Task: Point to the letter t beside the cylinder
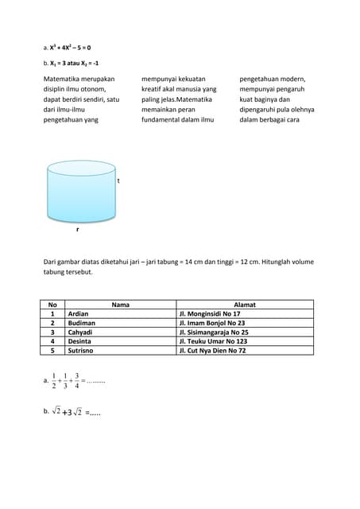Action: (x=118, y=181)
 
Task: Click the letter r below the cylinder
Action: (x=77, y=229)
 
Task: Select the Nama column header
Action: (x=120, y=304)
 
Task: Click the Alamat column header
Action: (x=244, y=304)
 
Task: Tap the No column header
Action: (x=52, y=304)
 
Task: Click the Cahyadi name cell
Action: (x=80, y=332)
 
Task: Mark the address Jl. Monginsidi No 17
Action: (x=210, y=314)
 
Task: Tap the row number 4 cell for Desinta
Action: (x=52, y=341)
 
